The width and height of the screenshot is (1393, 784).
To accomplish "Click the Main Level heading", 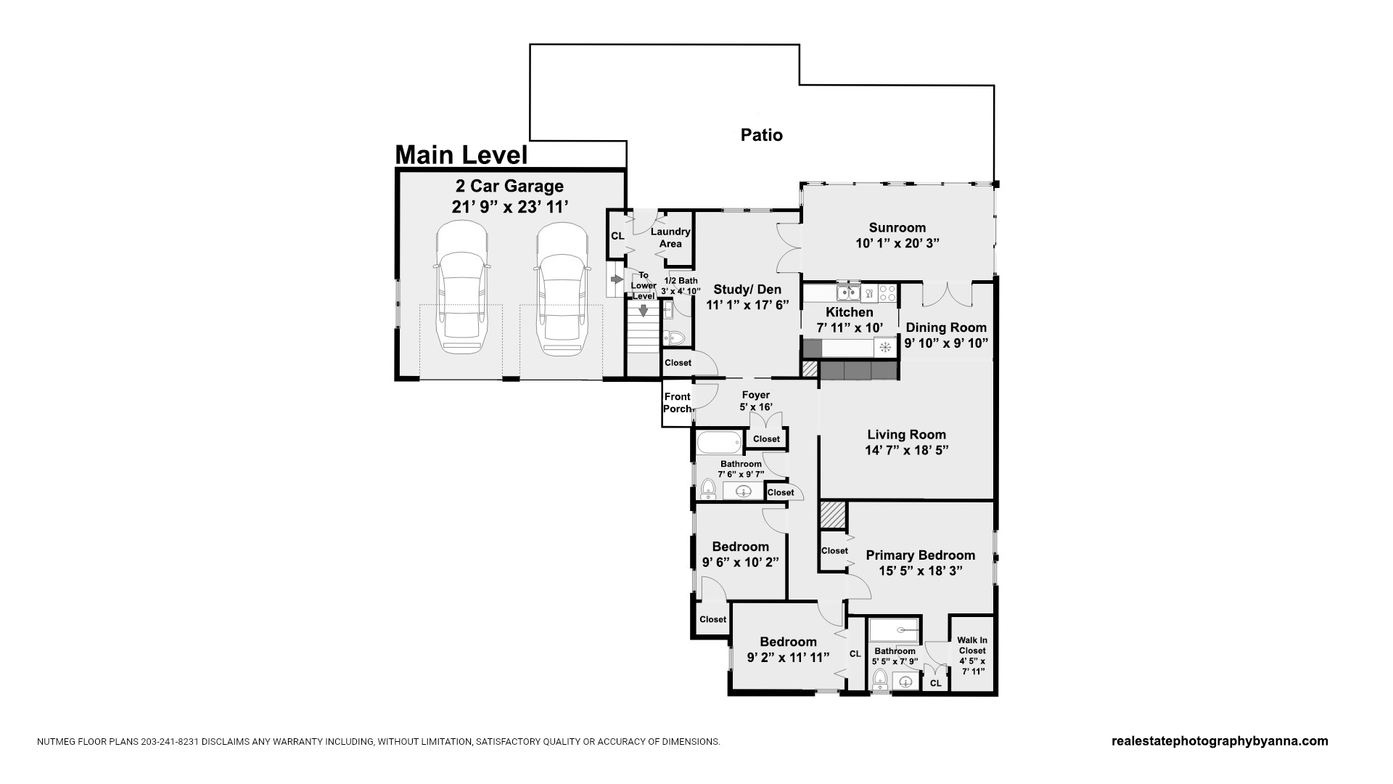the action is click(461, 155).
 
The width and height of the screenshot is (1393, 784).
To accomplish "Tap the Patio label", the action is click(762, 135).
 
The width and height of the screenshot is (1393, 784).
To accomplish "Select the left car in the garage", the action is click(461, 289).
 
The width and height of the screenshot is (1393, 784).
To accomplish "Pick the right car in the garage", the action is click(562, 289).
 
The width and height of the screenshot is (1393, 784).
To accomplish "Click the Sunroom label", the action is click(897, 227).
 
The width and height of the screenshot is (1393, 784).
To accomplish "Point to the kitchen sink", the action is click(847, 293).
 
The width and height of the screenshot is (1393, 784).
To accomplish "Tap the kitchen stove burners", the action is click(887, 293).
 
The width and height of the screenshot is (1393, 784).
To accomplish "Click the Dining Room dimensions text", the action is click(946, 343).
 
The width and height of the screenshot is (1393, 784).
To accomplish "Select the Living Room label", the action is click(907, 435).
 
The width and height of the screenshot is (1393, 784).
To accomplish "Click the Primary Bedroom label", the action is click(921, 555).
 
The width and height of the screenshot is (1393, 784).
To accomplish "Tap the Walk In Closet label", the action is click(972, 645).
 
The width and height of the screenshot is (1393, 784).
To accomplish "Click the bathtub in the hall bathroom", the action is click(720, 442).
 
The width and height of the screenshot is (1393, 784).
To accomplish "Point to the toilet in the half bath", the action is click(675, 338).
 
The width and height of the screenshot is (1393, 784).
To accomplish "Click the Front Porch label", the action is click(678, 403).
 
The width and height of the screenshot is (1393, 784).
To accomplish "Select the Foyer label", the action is click(756, 396).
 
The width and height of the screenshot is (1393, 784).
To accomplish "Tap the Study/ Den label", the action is click(747, 290).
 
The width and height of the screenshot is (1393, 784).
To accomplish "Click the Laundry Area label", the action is click(670, 237).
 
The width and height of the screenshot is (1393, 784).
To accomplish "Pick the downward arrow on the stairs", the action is click(643, 310).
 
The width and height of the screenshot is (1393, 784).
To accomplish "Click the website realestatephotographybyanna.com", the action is click(1220, 741).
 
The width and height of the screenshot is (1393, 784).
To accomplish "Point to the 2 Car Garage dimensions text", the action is click(510, 207).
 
